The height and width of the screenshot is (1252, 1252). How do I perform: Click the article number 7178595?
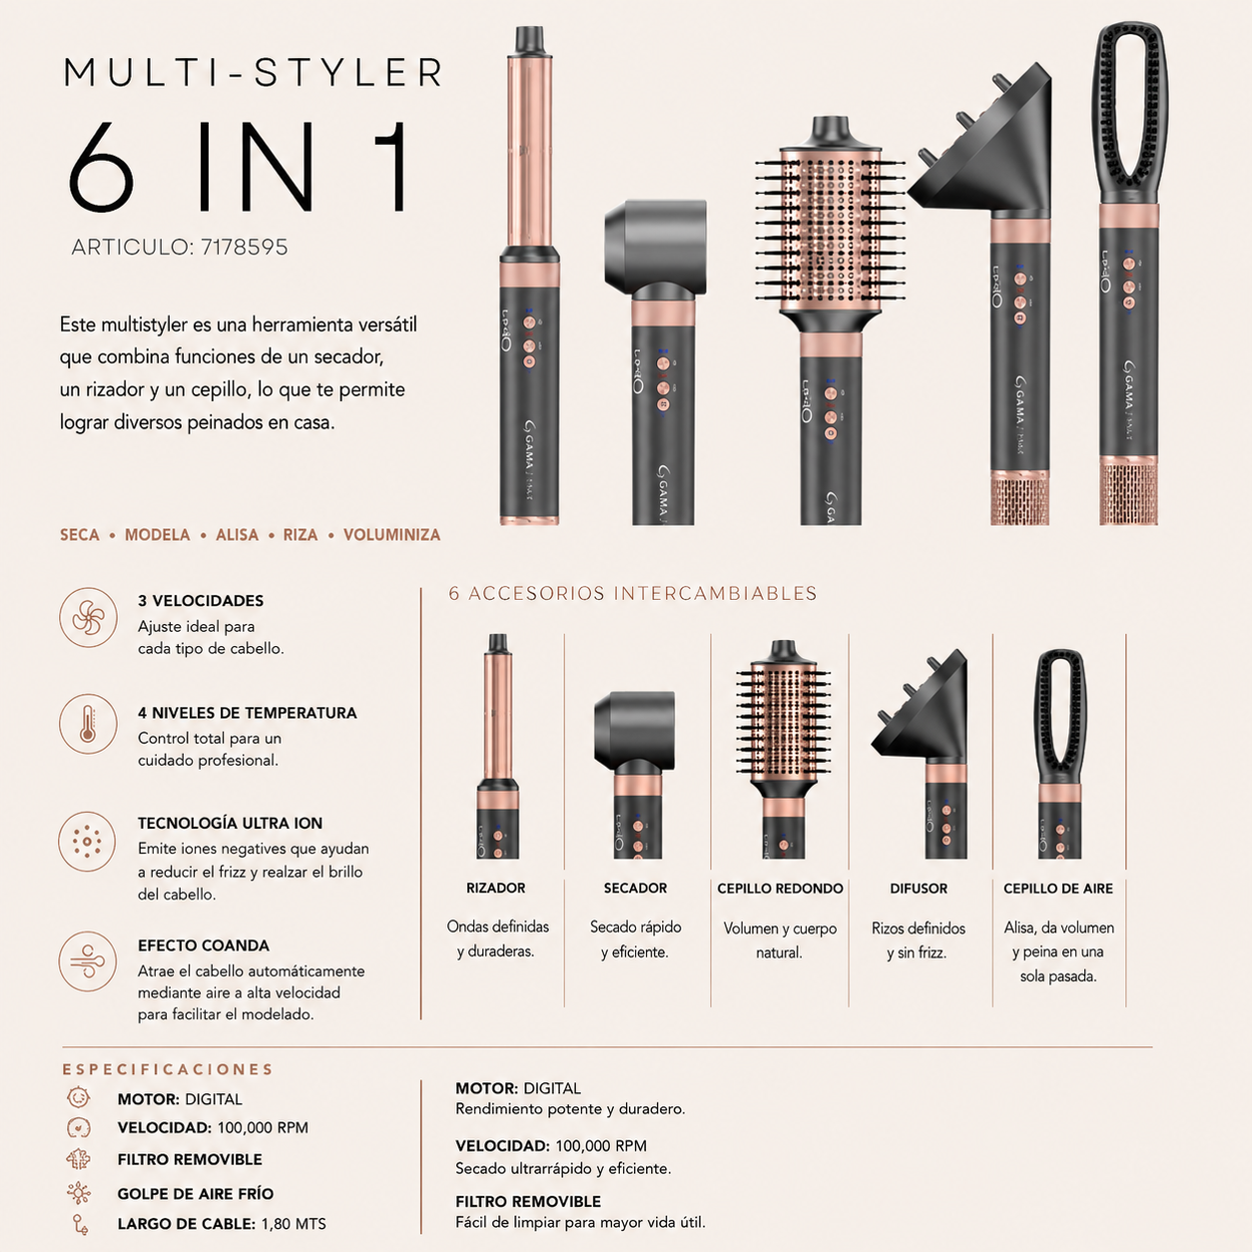245,247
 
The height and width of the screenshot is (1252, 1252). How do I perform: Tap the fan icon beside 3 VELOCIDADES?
89,617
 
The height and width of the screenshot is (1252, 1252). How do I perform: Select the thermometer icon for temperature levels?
89,724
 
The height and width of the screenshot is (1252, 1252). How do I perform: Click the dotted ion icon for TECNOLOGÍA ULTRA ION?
87,842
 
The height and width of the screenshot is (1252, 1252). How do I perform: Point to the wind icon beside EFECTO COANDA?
88,960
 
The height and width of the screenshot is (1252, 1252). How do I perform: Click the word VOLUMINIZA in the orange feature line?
391,535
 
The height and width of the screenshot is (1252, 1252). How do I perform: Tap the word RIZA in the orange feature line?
301,535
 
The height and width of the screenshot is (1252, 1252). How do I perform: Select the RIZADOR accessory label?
496,888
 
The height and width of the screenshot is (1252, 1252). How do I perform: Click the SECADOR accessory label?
635,888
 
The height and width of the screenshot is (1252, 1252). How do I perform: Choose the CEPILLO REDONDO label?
781,889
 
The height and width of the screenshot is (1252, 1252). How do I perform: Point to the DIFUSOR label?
919,889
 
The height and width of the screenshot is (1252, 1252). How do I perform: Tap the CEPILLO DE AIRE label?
1058,889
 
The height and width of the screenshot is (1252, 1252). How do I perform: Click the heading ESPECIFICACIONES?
168,1069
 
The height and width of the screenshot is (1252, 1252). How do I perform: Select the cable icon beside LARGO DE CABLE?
80,1223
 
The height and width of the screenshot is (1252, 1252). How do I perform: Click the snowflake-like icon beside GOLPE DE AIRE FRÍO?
79,1193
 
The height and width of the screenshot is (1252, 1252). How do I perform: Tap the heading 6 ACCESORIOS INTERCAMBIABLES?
633,593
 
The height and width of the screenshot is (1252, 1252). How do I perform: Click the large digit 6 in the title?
101,167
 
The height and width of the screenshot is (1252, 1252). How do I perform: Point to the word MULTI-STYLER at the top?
254,72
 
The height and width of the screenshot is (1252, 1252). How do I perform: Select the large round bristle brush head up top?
830,225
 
